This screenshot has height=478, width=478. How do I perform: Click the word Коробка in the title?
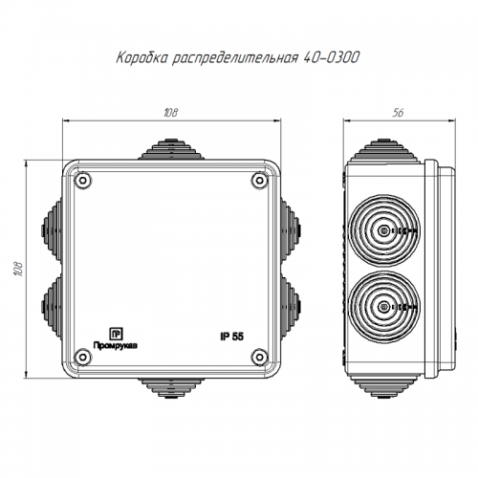141,58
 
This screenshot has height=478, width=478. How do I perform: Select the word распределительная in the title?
235,58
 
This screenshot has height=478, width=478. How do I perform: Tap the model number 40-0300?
332,57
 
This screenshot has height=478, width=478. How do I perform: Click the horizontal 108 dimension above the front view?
171,113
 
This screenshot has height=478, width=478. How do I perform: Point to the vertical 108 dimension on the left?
18,269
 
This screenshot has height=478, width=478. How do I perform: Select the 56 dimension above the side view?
398,113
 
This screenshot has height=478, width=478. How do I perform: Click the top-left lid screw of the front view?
83,181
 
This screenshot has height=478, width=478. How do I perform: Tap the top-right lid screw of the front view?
260,181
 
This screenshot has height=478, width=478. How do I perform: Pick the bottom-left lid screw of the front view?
83,357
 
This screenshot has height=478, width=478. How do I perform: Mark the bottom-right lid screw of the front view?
260,357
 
